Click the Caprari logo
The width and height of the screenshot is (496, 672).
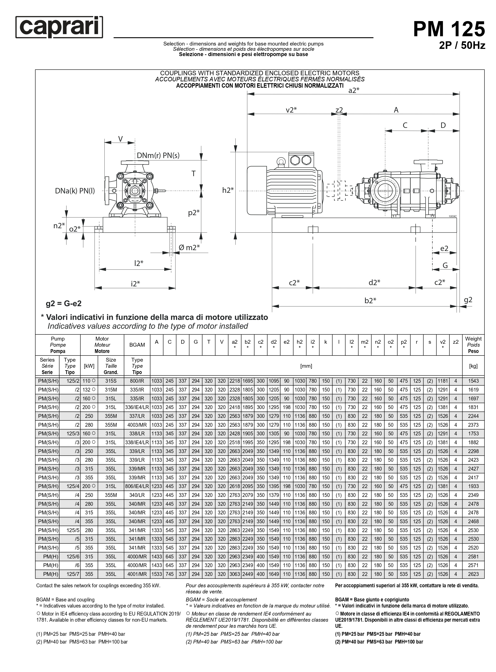pos(59,27)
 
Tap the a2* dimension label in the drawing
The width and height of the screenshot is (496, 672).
pos(354,90)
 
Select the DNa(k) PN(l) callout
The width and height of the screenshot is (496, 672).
pos(75,191)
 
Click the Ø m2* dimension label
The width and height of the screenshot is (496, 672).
pos(189,247)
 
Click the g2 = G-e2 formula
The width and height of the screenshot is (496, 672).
pos(64,303)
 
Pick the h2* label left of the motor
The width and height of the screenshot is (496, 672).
pos(228,190)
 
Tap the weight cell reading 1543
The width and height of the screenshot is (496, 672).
pos(473,381)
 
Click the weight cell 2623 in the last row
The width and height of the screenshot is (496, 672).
pos(473,574)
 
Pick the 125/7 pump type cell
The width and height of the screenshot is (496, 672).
pos(73,574)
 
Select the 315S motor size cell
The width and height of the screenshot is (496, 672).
pos(111,381)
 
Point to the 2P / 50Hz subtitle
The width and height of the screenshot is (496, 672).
pos(462,45)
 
